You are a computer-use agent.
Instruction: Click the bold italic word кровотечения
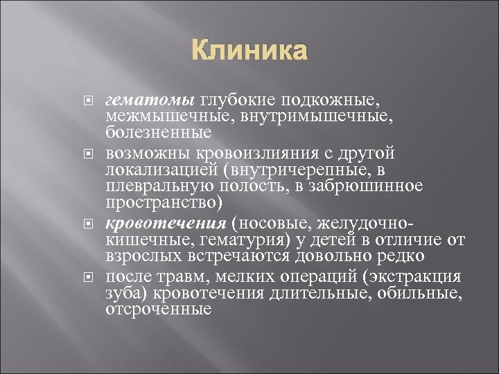[166, 224]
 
